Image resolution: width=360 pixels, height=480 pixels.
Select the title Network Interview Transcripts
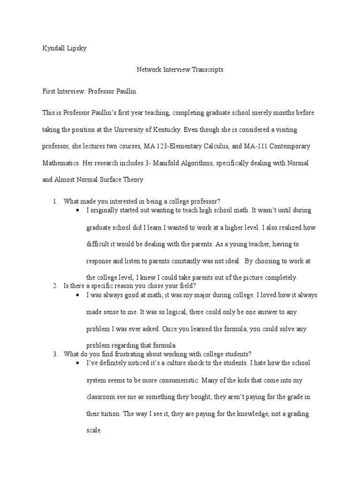pyautogui.click(x=180, y=70)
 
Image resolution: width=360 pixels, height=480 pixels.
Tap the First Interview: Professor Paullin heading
pyautogui.click(x=90, y=91)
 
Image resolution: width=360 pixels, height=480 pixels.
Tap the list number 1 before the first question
pyautogui.click(x=55, y=201)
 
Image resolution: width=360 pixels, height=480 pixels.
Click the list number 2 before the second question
pyautogui.click(x=55, y=285)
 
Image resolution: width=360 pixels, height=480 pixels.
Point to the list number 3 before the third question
pyautogui.click(x=55, y=353)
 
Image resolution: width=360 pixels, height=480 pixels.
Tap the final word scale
pyautogui.click(x=94, y=431)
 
